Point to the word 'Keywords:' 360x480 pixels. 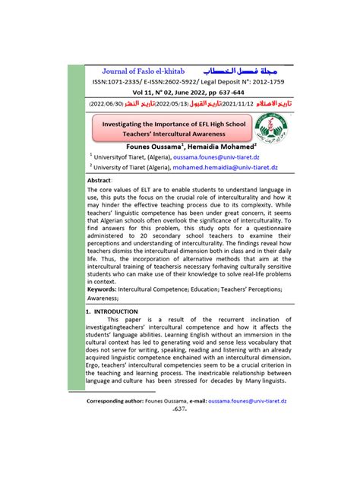click(x=106, y=289)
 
